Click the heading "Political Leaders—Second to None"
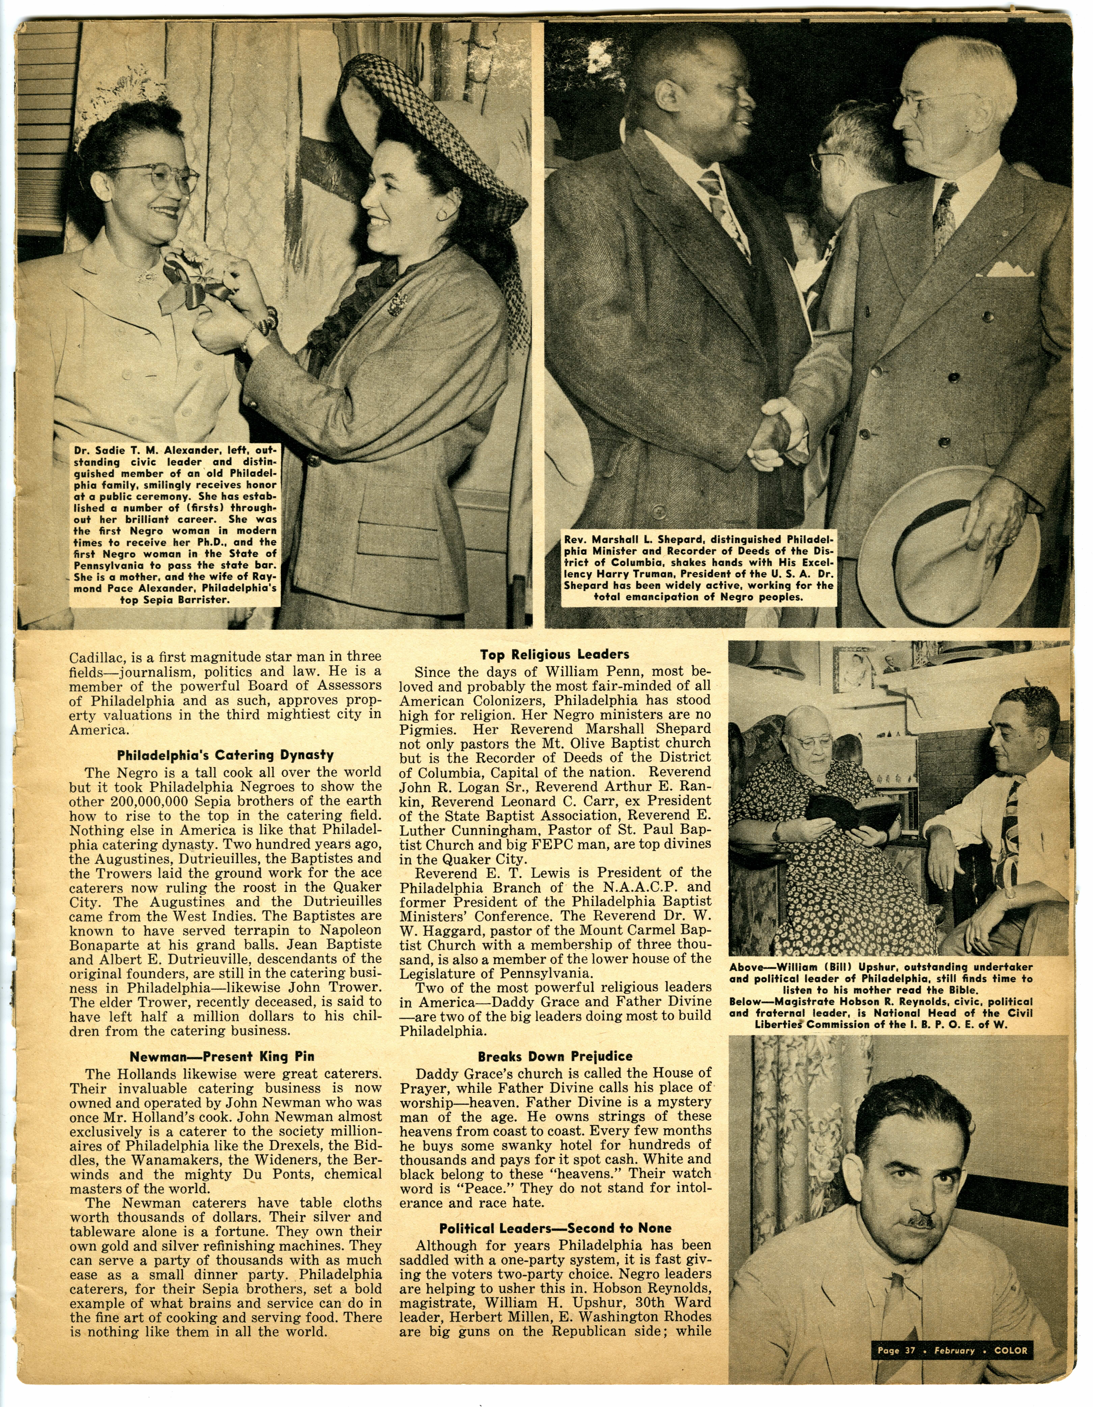tap(555, 1228)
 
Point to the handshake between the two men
tap(779, 428)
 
